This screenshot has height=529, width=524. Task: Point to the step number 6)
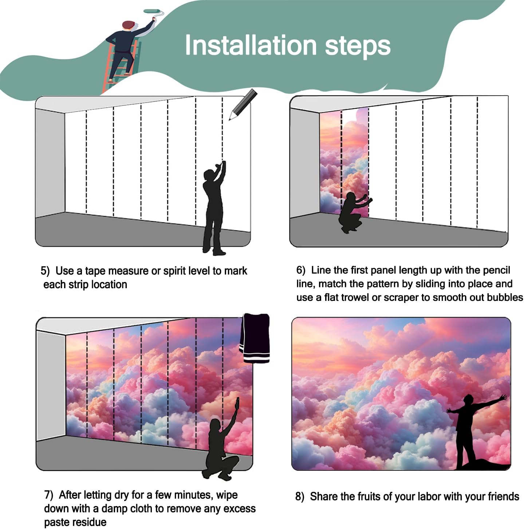pyautogui.click(x=300, y=270)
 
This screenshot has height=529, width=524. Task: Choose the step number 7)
pyautogui.click(x=49, y=495)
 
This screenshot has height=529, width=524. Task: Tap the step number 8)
pyautogui.click(x=300, y=497)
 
